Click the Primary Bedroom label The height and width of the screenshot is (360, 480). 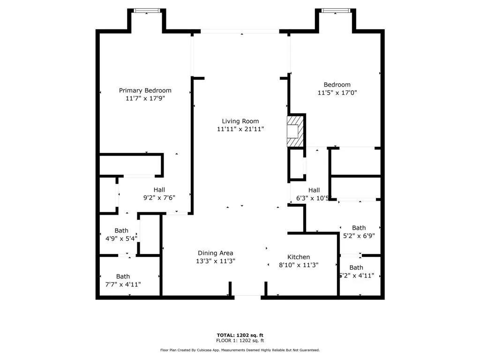145,90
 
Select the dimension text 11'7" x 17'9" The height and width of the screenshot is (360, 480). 145,98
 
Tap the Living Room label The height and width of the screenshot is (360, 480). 240,121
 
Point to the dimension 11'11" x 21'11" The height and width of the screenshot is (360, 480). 240,129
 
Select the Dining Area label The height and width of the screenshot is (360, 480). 215,253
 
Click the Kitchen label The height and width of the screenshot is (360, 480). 299,257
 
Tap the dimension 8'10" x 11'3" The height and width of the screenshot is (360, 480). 299,265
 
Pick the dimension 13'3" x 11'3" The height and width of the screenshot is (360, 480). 215,261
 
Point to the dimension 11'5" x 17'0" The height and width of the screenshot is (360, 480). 337,93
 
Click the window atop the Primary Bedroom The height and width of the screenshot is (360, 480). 147,10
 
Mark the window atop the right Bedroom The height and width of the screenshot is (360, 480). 336,10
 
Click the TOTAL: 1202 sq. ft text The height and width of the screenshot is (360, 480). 240,335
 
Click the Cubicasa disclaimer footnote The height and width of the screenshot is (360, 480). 240,350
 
